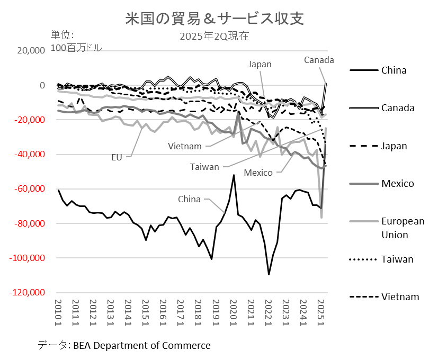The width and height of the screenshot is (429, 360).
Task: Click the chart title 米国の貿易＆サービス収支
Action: pos(215,19)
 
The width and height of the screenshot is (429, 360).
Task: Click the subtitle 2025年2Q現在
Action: pos(215,37)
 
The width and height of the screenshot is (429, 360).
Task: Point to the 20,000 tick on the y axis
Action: pos(31,51)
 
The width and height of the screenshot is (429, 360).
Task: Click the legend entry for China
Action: pos(394,70)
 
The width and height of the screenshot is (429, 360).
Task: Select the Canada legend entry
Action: pos(398,108)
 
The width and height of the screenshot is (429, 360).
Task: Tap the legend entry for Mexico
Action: pos(397,184)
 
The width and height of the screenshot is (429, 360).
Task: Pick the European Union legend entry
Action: pos(403,228)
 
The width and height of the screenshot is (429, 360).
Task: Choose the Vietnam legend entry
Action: pos(400,297)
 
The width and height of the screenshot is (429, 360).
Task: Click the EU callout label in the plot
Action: pos(117,157)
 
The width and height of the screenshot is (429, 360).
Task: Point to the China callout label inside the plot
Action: pos(189,199)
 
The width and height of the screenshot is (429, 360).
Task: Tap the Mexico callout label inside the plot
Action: pos(258,173)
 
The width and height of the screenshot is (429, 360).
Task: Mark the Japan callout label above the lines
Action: pos(260,64)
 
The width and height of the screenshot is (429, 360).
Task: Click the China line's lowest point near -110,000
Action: pos(269,274)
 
